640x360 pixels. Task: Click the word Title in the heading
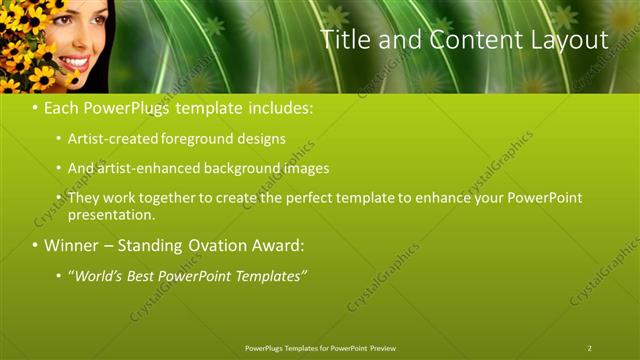[346, 40]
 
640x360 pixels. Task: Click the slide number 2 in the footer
[589, 348]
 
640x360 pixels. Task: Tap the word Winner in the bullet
[71, 245]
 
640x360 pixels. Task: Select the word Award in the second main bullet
[275, 245]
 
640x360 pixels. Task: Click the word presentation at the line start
[109, 214]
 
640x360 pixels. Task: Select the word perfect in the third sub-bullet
[304, 198]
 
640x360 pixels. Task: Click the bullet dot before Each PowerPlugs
[35, 107]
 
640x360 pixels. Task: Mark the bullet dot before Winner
[35, 245]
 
